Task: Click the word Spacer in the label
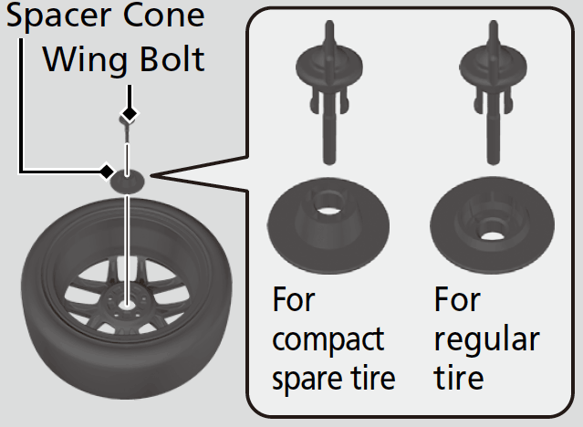pos(57,17)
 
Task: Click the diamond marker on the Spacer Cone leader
pos(107,171)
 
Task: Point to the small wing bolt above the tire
pos(127,132)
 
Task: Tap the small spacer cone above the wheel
pos(127,181)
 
